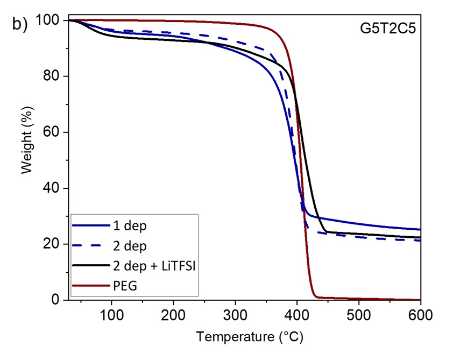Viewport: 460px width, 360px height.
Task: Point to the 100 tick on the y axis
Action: click(x=49, y=20)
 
